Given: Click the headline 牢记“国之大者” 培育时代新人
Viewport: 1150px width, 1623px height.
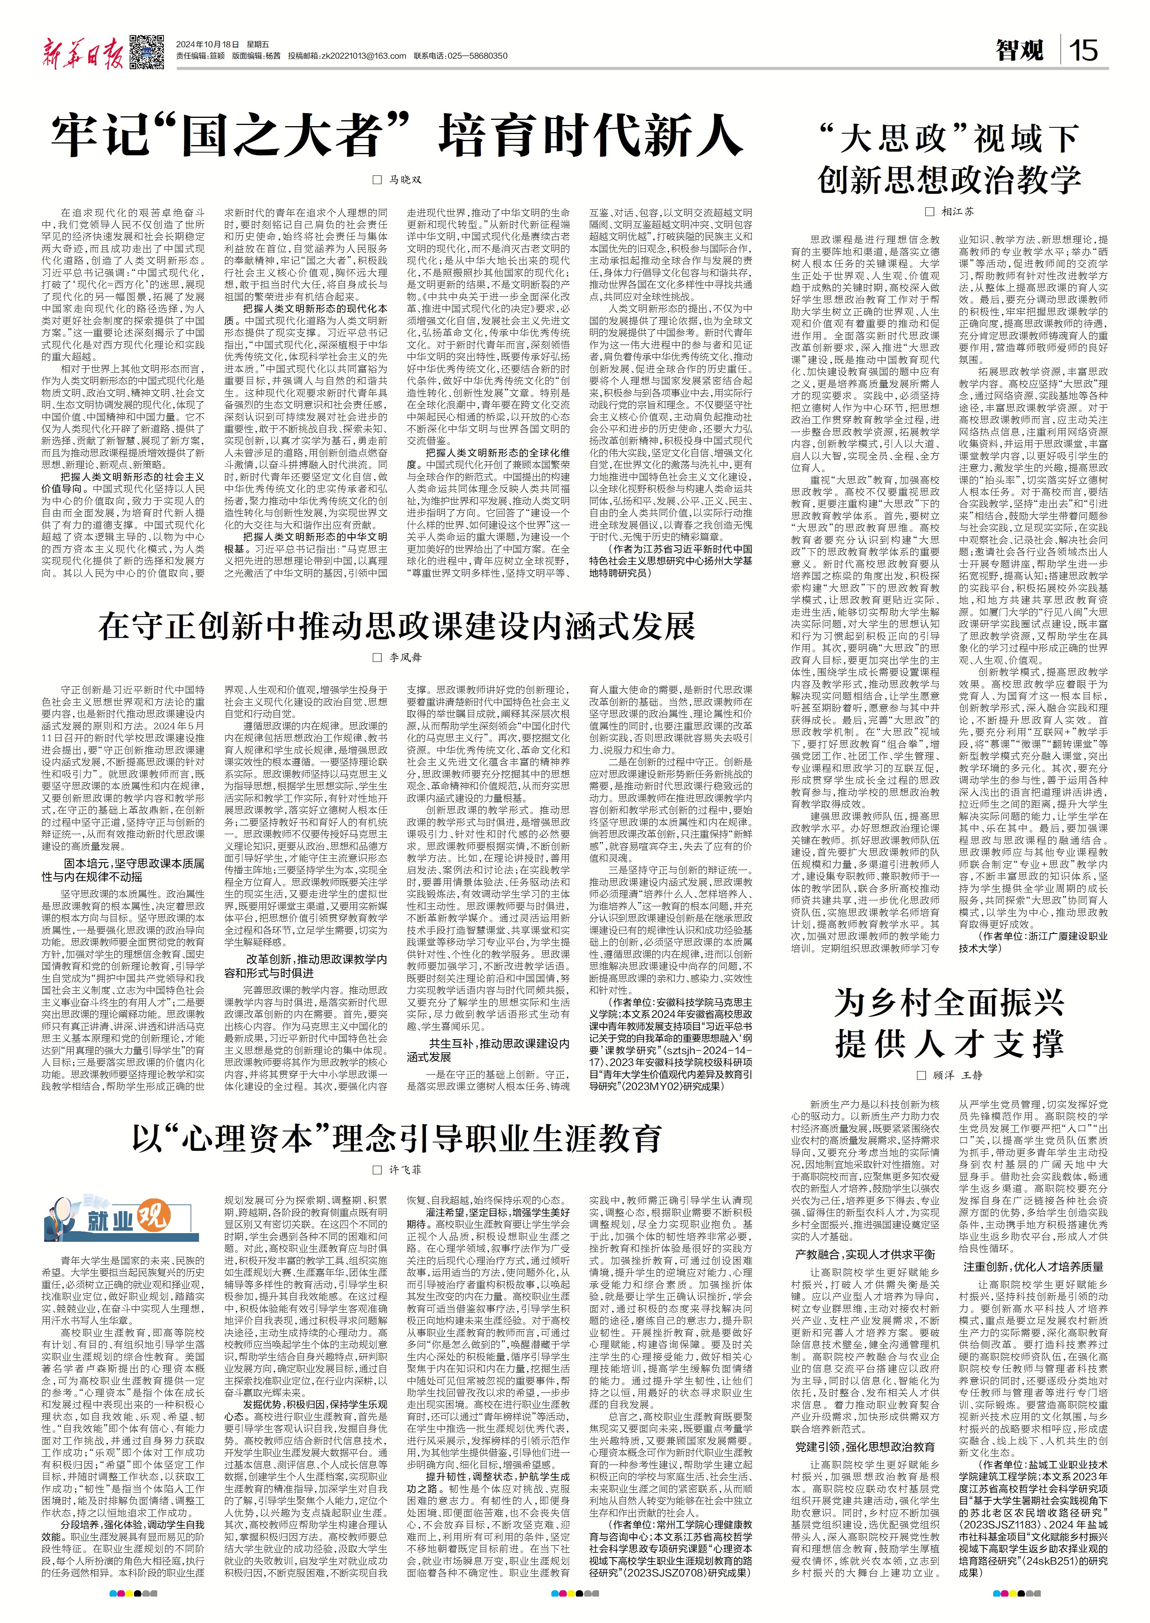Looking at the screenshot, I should pyautogui.click(x=396, y=136).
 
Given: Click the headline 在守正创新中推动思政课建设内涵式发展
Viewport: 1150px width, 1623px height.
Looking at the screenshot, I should pyautogui.click(x=396, y=626).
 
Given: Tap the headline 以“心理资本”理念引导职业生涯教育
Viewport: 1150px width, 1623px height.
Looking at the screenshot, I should pyautogui.click(x=396, y=1138).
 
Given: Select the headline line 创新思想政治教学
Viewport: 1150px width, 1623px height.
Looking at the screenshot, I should pyautogui.click(x=949, y=180).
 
